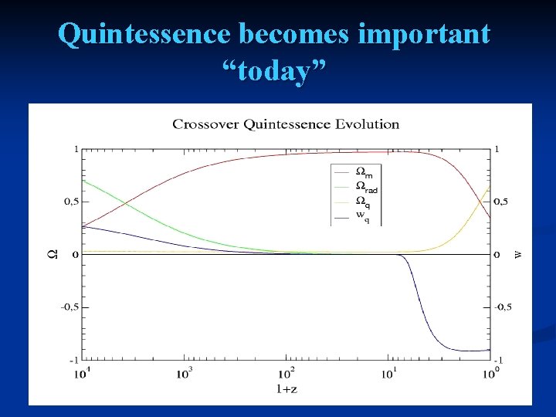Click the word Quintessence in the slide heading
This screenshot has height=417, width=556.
pos(144,34)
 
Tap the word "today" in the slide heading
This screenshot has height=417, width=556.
pos(274,72)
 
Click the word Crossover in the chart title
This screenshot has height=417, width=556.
pos(202,124)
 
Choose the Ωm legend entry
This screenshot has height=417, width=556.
pos(362,172)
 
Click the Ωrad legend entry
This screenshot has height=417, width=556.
pos(366,188)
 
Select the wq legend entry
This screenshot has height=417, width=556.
pos(361,217)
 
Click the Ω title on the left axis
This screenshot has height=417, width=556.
pos(52,254)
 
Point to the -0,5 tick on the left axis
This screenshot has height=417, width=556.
pos(69,307)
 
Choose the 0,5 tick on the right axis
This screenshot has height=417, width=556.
pos(502,202)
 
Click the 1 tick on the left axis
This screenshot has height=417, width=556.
pos(75,148)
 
